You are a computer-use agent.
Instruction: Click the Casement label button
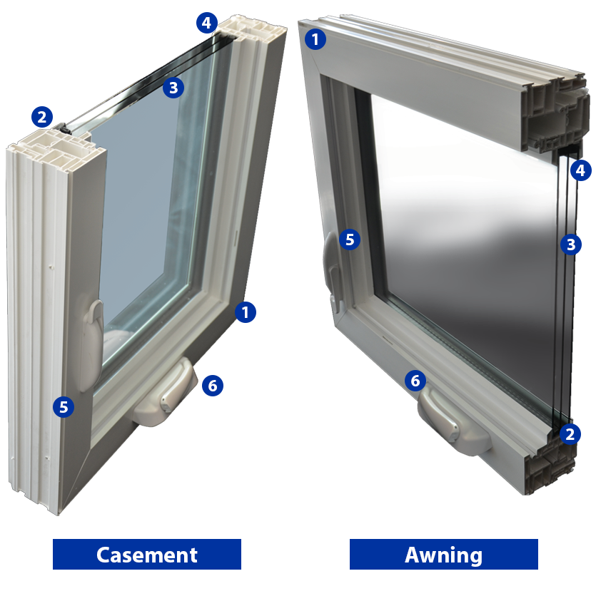coord(146,554)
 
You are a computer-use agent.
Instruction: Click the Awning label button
coord(443,554)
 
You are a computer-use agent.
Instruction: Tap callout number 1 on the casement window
coord(246,312)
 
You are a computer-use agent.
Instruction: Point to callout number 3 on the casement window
coord(173,88)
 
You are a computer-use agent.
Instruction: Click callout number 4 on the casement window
coord(206,23)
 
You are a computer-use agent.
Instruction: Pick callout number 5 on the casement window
coord(64,407)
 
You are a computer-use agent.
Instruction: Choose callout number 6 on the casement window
coord(212,386)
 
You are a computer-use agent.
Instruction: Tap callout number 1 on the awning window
coord(315,38)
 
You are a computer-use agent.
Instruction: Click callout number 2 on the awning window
coord(570,433)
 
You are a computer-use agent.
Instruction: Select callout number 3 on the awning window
coord(570,245)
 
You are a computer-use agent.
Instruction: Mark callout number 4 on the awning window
coord(580,170)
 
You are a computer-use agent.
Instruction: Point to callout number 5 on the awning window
coord(349,240)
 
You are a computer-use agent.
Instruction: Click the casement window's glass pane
coord(143,214)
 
